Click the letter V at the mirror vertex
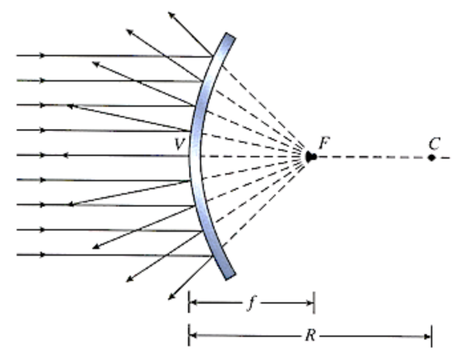179,144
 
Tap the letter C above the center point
434,144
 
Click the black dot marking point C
432,158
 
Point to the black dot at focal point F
311,156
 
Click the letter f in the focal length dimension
251,304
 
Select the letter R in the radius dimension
310,335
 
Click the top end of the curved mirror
230,36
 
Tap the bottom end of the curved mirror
231,277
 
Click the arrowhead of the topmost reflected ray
171,15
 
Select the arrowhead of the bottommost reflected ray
171,296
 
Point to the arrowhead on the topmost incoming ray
43,55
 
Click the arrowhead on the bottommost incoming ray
43,255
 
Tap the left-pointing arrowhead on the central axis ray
64,155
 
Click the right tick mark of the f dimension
314,302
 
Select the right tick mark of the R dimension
432,336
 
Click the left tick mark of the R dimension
189,335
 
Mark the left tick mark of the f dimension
189,302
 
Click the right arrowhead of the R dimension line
427,337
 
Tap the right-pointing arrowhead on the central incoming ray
43,155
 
